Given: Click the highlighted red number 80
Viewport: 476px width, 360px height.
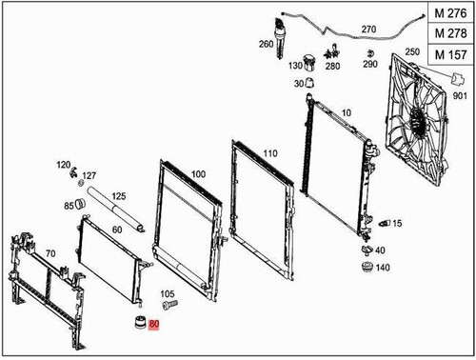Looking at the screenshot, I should tap(154, 324).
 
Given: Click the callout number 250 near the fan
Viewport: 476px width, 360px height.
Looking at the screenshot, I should tap(411, 51).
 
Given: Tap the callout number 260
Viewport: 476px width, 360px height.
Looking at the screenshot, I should tap(265, 45).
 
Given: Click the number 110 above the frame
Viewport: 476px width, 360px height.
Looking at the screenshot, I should tap(269, 153).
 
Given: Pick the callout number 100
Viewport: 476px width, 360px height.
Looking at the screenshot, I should tap(198, 174).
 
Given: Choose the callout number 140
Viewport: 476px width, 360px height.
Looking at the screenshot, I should tap(383, 268).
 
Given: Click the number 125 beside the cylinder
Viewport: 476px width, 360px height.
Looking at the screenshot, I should tap(119, 197).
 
